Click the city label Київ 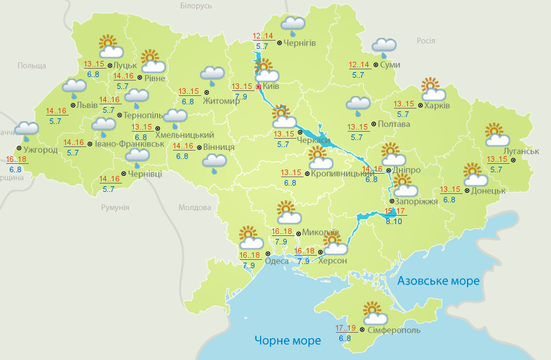271,87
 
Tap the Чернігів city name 300,43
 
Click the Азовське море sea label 438,281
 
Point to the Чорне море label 287,340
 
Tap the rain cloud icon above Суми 384,47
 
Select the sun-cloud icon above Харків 433,90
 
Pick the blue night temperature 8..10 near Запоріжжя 394,221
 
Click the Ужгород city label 40,150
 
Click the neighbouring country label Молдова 194,208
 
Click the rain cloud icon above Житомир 212,74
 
